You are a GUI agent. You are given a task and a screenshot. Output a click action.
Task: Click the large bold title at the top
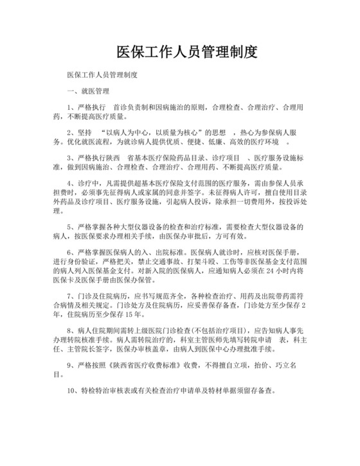click(186, 51)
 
